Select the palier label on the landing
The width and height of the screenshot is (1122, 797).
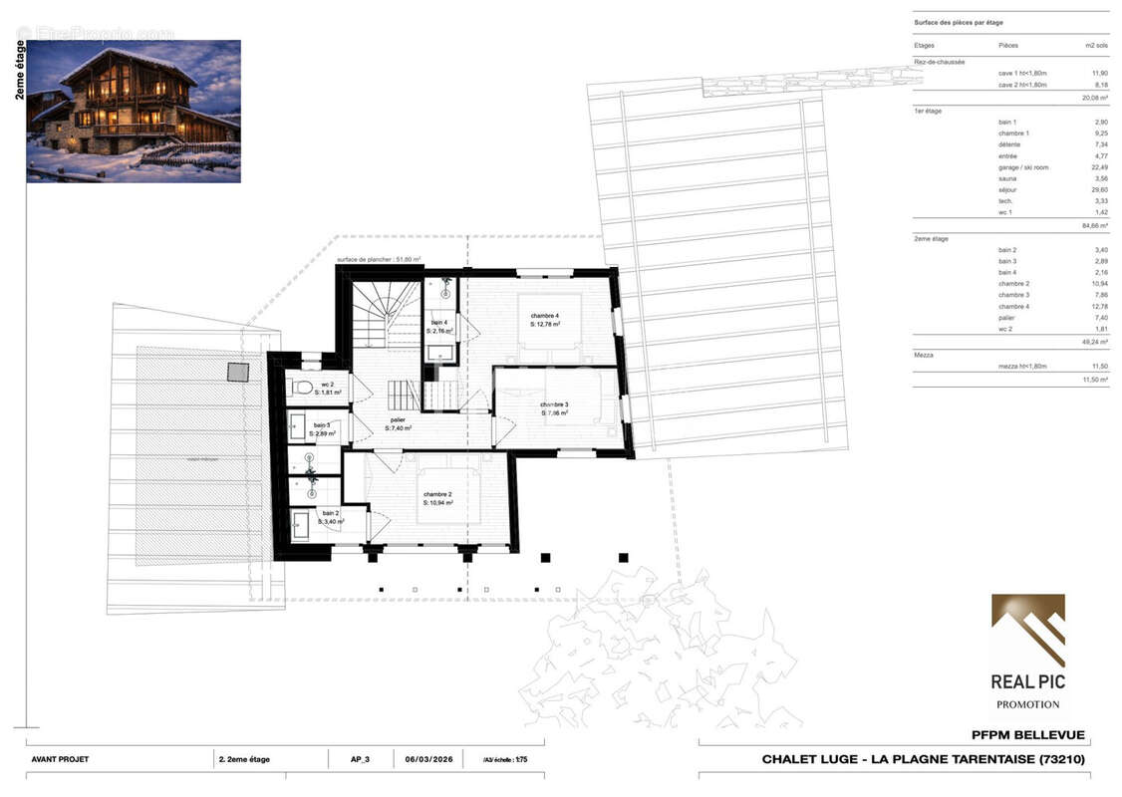coord(399,423)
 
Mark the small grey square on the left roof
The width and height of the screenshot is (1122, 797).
coord(237,372)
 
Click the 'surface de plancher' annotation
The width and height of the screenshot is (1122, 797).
coord(378,259)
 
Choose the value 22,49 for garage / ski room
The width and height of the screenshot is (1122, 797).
coord(1099,167)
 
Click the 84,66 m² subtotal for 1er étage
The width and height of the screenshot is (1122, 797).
coord(1095,226)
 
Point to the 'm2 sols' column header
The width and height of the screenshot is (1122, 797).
coord(1096,46)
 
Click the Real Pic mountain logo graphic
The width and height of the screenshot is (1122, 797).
coord(1027,631)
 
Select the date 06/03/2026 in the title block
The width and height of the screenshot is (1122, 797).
coord(428,759)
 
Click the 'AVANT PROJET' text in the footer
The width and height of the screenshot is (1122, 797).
coord(60,759)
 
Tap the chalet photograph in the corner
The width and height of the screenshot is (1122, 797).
coord(134,111)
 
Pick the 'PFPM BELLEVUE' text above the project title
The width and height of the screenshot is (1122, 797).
coord(1027,736)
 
